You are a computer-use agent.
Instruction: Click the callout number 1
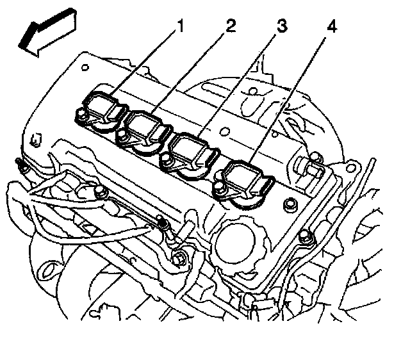pos(181,27)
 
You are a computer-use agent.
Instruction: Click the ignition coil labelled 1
pos(103,108)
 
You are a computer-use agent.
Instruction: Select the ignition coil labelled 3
pos(192,154)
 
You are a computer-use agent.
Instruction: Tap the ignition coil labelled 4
pos(244,179)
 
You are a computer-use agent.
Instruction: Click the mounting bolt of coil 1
pos(81,116)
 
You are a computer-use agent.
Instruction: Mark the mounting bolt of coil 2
pos(121,135)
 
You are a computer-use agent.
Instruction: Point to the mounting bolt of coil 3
pos(168,163)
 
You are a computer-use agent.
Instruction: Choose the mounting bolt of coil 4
pos(220,188)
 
